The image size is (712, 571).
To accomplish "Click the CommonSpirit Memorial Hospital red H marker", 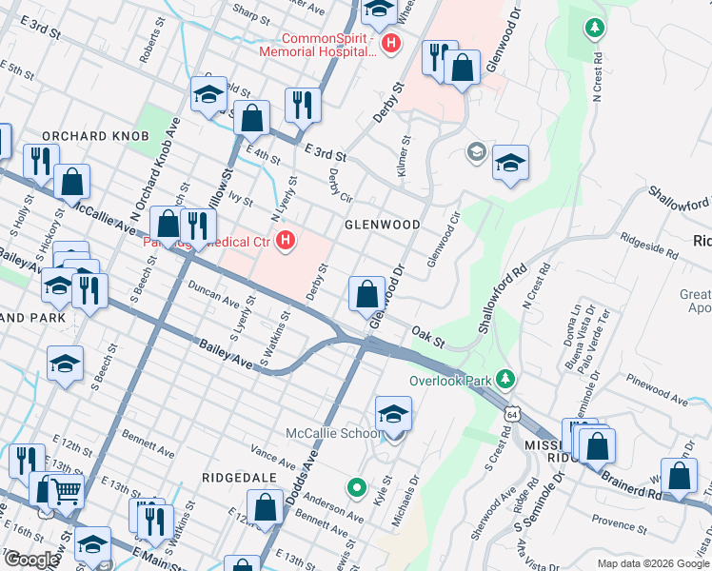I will click(389, 43).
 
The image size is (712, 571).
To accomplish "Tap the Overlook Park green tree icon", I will click(506, 381).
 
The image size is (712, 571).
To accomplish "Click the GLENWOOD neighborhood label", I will click(382, 224).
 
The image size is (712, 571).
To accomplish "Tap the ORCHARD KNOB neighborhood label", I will click(95, 136).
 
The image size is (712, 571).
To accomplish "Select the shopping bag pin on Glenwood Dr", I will click(367, 295).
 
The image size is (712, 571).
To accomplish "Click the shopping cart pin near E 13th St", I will click(65, 491).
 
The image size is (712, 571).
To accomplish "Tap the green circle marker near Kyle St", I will click(357, 489).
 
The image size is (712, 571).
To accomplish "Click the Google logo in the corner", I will click(30, 560).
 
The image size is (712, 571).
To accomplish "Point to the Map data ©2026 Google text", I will click(653, 563).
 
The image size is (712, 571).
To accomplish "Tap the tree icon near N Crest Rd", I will click(595, 28).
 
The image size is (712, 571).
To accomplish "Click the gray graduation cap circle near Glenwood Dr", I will click(476, 152).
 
